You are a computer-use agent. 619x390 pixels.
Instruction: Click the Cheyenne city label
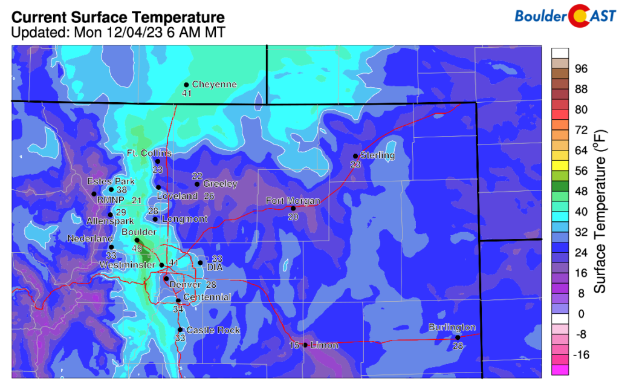tap(214, 85)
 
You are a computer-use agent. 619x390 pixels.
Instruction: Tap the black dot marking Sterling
tap(355, 156)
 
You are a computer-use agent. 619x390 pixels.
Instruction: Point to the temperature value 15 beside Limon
tap(294, 345)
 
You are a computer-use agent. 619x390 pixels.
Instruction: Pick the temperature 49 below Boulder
tap(137, 249)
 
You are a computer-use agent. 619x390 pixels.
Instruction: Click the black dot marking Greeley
tap(197, 184)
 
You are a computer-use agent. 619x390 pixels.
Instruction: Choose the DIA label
tap(215, 267)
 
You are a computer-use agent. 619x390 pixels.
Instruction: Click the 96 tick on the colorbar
tap(581, 69)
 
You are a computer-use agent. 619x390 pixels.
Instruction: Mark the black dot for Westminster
tap(161, 265)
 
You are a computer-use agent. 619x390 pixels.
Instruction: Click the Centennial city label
tap(207, 297)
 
